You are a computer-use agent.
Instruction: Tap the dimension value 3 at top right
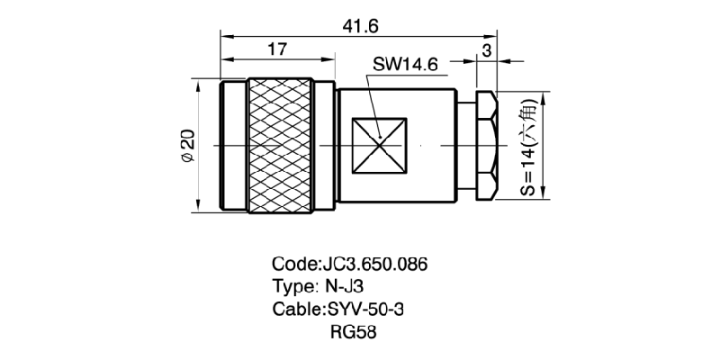(x=486, y=49)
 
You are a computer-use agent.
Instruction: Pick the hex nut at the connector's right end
(x=484, y=144)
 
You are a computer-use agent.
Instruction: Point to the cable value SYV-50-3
(x=371, y=309)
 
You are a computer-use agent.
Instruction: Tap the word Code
(x=293, y=265)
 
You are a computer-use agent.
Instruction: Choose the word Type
(x=291, y=287)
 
